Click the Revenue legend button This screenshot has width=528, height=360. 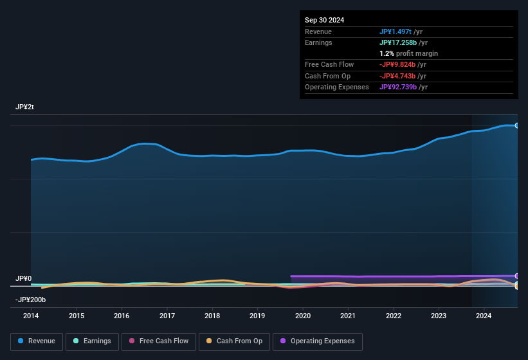37,341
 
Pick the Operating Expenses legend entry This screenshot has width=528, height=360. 317,341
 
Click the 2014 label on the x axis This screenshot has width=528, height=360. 31,316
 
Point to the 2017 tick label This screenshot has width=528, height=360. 167,316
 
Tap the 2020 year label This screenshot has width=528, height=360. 303,316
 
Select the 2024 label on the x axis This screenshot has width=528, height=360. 484,316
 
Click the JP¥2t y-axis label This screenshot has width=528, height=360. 24,107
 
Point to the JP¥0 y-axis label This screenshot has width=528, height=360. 23,278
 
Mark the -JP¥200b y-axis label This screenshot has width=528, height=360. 30,300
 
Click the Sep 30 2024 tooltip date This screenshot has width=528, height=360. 324,20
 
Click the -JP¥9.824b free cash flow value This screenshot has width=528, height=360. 397,65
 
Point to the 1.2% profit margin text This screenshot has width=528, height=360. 408,53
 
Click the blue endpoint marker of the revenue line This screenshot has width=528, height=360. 517,125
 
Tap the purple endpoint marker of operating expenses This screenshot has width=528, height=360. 517,276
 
